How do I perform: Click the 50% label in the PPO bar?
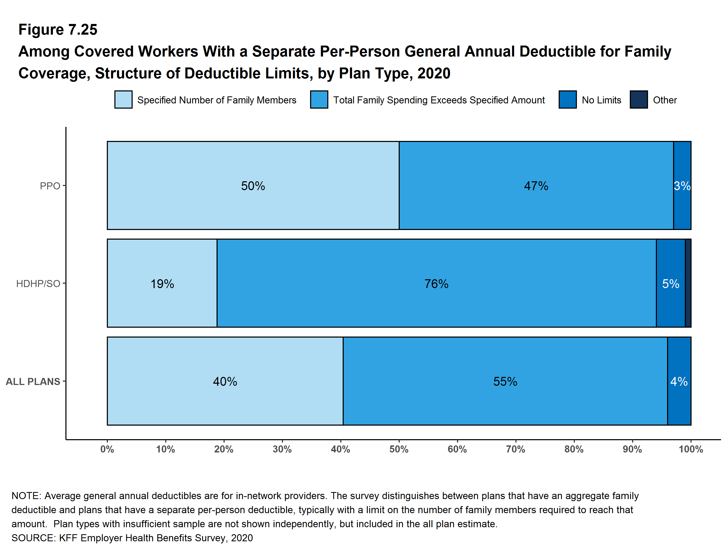[x=253, y=186]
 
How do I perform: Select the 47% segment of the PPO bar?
[x=536, y=186]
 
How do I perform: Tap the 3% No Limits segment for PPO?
[x=682, y=186]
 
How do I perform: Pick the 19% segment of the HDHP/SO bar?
[x=162, y=283]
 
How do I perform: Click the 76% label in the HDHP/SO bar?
[x=436, y=283]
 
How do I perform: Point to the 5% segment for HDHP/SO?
[x=670, y=283]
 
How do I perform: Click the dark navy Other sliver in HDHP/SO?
[x=688, y=283]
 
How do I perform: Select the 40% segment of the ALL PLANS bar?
[x=225, y=381]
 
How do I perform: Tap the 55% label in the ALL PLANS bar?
[x=505, y=381]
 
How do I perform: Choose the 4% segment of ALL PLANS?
[x=679, y=381]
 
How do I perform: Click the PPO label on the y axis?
[x=50, y=186]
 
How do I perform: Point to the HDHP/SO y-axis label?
[x=38, y=283]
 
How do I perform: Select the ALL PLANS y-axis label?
[x=33, y=381]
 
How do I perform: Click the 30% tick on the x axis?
[x=282, y=449]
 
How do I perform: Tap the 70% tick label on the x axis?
[x=516, y=449]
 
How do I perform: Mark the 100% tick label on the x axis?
[x=691, y=449]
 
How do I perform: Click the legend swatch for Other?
[x=639, y=100]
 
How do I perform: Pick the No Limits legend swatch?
[x=567, y=100]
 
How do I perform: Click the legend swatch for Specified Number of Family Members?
[x=123, y=100]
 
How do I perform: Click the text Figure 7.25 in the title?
[x=58, y=30]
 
